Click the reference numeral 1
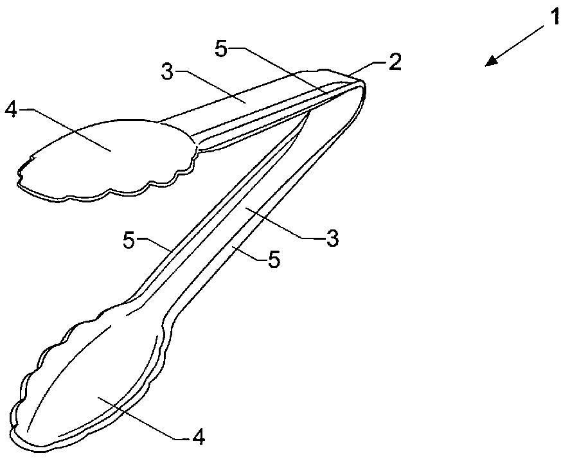click(555, 17)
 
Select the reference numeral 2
click(394, 62)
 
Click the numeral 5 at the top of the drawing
click(222, 48)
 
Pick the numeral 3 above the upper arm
click(168, 71)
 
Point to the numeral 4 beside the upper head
click(12, 109)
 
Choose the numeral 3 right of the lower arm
click(332, 238)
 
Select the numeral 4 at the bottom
click(199, 438)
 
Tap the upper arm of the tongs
click(254, 105)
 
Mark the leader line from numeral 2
click(367, 69)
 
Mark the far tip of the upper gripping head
click(18, 184)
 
